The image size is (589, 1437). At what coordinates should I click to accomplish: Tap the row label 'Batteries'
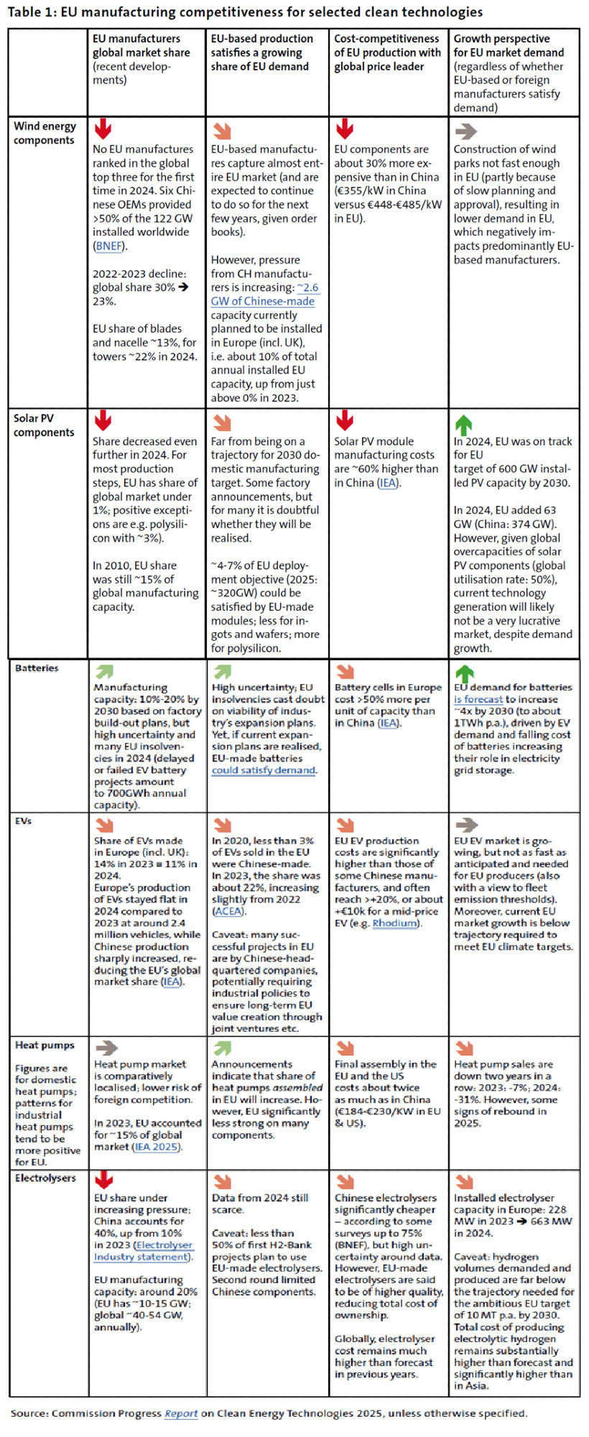click(x=37, y=668)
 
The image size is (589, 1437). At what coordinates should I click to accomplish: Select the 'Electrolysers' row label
click(x=45, y=1178)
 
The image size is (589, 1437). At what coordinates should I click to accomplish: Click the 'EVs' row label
click(x=24, y=821)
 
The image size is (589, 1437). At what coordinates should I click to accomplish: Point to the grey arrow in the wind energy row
click(x=465, y=131)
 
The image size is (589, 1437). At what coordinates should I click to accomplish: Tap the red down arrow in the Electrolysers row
click(x=104, y=1180)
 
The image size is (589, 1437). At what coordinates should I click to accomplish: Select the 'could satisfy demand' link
click(x=264, y=770)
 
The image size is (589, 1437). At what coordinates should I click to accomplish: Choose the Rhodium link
click(x=395, y=923)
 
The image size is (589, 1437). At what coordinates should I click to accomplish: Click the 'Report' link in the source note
click(x=181, y=1413)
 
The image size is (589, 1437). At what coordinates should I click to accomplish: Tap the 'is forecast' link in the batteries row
click(x=478, y=699)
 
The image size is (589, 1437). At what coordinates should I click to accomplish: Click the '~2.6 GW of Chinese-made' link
click(x=264, y=295)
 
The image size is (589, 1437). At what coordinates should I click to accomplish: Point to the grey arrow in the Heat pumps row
click(x=106, y=1048)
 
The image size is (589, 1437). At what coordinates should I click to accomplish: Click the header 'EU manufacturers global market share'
click(x=142, y=45)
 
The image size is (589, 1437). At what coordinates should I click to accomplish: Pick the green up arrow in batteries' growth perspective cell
click(x=464, y=673)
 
